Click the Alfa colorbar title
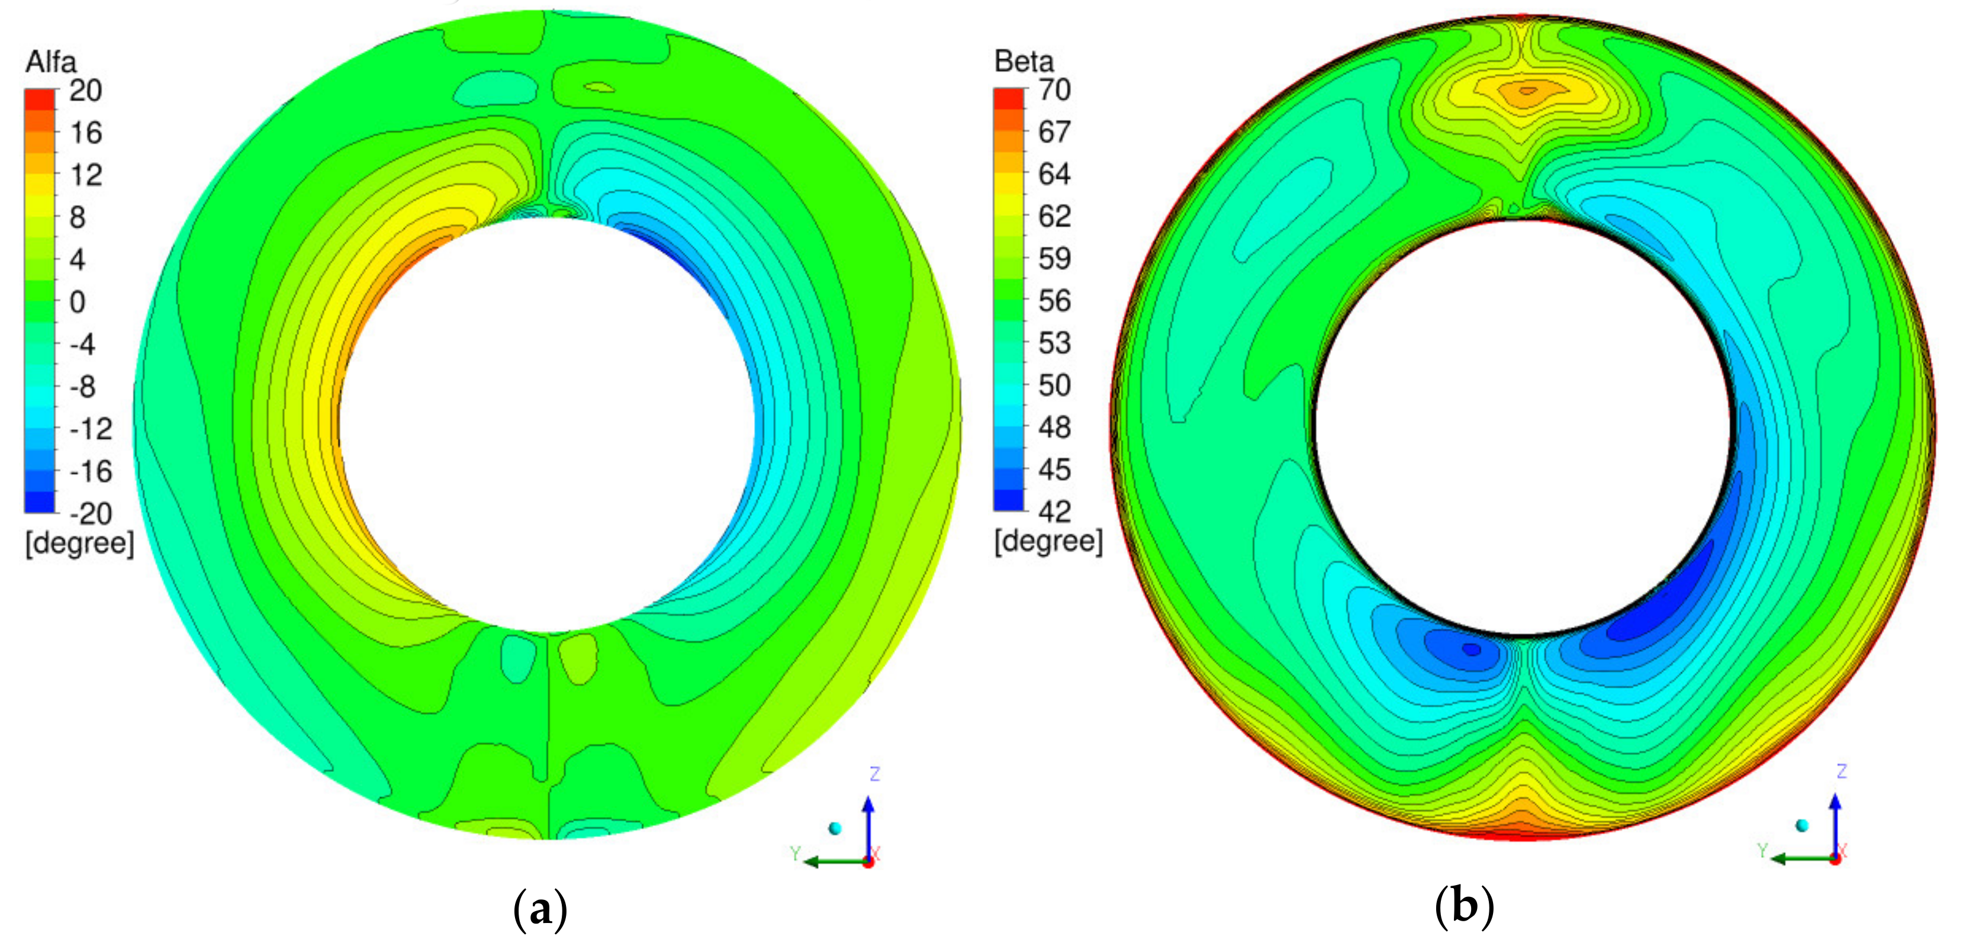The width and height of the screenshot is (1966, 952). [51, 62]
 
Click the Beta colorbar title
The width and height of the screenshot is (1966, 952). [1024, 61]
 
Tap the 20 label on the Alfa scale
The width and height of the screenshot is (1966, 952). [85, 91]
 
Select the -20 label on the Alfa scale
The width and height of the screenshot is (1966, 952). [91, 514]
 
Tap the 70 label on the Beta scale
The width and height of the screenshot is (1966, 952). [1054, 90]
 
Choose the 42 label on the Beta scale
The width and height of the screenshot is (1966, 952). [1054, 512]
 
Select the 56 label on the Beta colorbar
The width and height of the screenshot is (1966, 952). [1054, 301]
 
